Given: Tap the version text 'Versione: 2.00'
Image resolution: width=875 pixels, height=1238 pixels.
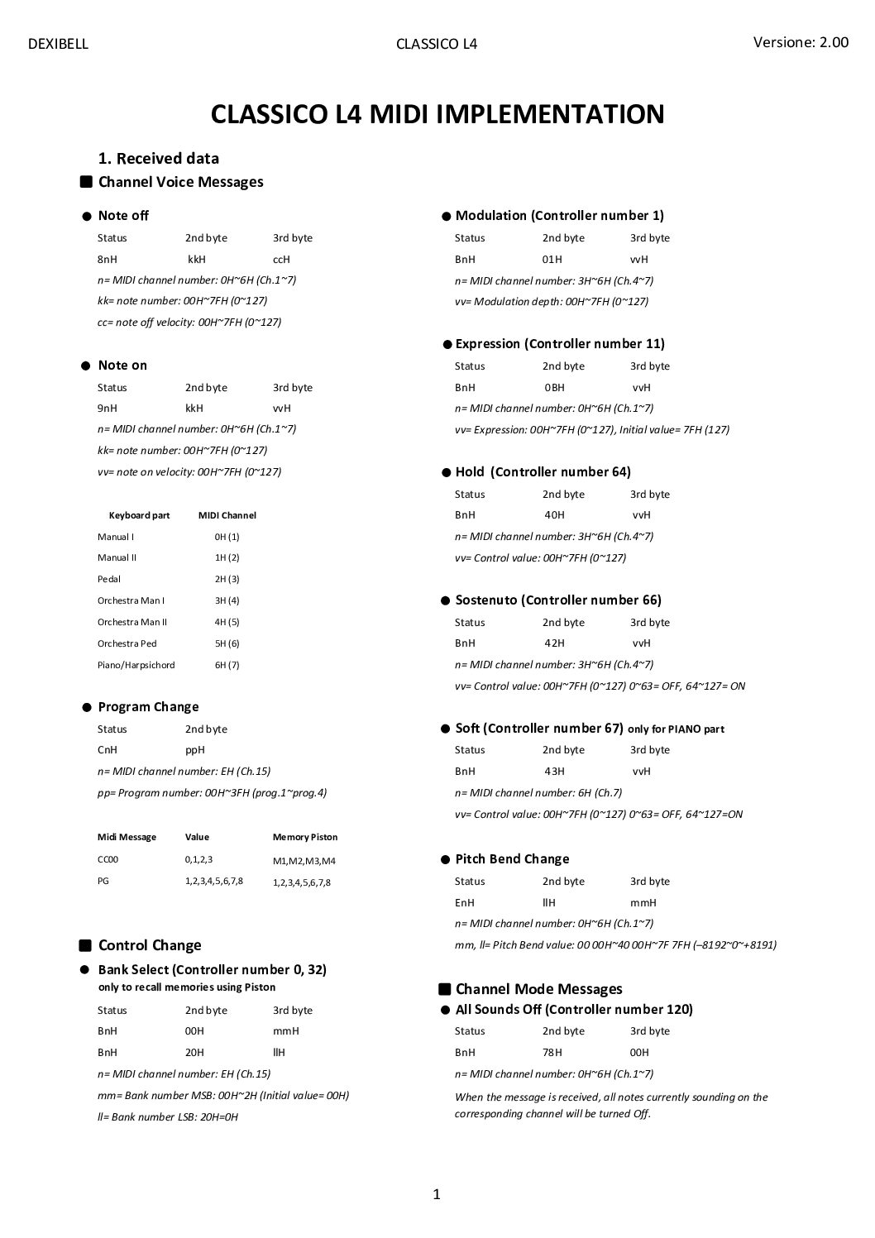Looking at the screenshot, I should tap(800, 42).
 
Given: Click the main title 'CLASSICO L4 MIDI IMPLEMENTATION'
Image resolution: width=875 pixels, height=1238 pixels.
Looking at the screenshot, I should tap(437, 113).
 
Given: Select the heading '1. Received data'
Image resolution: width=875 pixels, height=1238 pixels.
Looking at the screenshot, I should tap(158, 158).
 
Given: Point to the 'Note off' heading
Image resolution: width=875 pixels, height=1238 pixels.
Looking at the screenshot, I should tap(123, 215).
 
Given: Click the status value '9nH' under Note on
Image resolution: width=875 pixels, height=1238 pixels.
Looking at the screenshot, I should tap(108, 408).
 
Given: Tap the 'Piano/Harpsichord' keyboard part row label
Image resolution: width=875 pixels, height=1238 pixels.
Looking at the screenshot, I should tap(136, 665).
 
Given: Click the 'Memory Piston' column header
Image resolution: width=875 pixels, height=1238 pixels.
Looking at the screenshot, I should tap(304, 837).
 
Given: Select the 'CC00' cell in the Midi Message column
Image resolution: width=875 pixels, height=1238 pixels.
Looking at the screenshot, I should tap(108, 859).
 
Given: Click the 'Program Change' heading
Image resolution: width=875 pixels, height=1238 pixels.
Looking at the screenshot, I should tap(148, 706).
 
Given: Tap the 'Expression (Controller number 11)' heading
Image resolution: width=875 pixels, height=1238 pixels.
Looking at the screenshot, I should tap(559, 343).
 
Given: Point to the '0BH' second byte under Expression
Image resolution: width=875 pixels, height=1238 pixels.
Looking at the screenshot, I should tap(554, 387).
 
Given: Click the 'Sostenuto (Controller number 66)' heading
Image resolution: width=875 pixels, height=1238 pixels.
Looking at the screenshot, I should tap(557, 600).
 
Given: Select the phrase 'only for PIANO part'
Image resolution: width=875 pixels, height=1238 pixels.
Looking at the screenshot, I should tap(676, 729).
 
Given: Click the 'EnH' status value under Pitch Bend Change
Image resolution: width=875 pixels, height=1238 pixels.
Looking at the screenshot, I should tap(465, 902).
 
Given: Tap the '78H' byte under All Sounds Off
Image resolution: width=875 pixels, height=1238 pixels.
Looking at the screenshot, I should tap(552, 1052).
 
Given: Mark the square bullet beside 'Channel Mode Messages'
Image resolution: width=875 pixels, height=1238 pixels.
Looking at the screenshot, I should tap(444, 988).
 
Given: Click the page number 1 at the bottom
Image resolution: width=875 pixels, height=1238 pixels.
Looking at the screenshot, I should tap(437, 1193).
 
